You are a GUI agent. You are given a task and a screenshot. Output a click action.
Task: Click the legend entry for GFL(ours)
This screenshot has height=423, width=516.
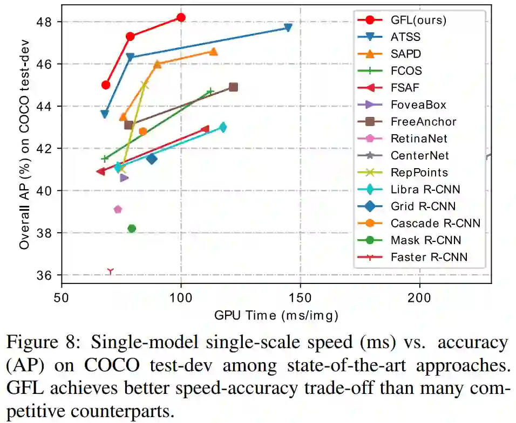pyautogui.click(x=418, y=20)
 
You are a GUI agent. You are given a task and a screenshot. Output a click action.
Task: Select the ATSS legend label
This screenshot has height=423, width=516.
pyautogui.click(x=405, y=37)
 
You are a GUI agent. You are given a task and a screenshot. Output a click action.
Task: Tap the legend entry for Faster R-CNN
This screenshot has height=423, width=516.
pyautogui.click(x=429, y=257)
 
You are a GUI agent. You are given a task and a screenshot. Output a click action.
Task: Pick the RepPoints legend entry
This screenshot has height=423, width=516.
pyautogui.click(x=419, y=173)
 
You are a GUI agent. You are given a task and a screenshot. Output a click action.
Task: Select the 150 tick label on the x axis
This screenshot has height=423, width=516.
pyautogui.click(x=300, y=296)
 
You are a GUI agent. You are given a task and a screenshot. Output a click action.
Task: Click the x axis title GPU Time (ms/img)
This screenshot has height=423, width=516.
pyautogui.click(x=276, y=314)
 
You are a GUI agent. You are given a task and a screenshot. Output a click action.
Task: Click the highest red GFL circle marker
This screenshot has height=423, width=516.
pyautogui.click(x=181, y=17)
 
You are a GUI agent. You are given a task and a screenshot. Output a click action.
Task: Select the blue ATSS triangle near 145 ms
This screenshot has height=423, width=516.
pyautogui.click(x=288, y=27)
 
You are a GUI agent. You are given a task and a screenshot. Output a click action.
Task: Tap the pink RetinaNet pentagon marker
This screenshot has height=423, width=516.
pyautogui.click(x=118, y=209)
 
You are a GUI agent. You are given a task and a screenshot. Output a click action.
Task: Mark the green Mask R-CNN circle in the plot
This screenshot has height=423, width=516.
pyautogui.click(x=131, y=228)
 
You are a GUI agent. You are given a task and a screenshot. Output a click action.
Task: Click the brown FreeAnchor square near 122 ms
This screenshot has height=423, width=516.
pyautogui.click(x=233, y=87)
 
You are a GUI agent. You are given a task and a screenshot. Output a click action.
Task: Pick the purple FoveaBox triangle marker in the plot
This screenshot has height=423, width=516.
pyautogui.click(x=124, y=178)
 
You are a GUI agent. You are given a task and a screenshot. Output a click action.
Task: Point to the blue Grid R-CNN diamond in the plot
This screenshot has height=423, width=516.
pyautogui.click(x=152, y=158)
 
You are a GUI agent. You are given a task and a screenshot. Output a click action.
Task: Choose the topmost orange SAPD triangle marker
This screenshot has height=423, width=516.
pyautogui.click(x=213, y=51)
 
